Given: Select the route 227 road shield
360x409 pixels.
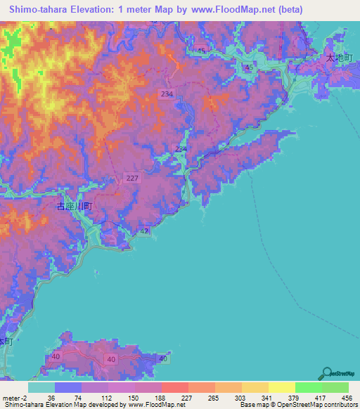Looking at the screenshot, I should (x=132, y=178).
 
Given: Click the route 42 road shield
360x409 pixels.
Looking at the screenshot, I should (x=143, y=231).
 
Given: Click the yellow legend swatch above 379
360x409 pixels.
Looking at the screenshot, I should (x=281, y=387).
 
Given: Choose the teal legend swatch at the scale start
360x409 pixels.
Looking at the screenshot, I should (x=41, y=387).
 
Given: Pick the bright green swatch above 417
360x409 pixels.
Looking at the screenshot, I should (x=308, y=387).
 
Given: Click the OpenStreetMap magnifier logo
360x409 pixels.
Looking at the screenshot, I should (x=328, y=374).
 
